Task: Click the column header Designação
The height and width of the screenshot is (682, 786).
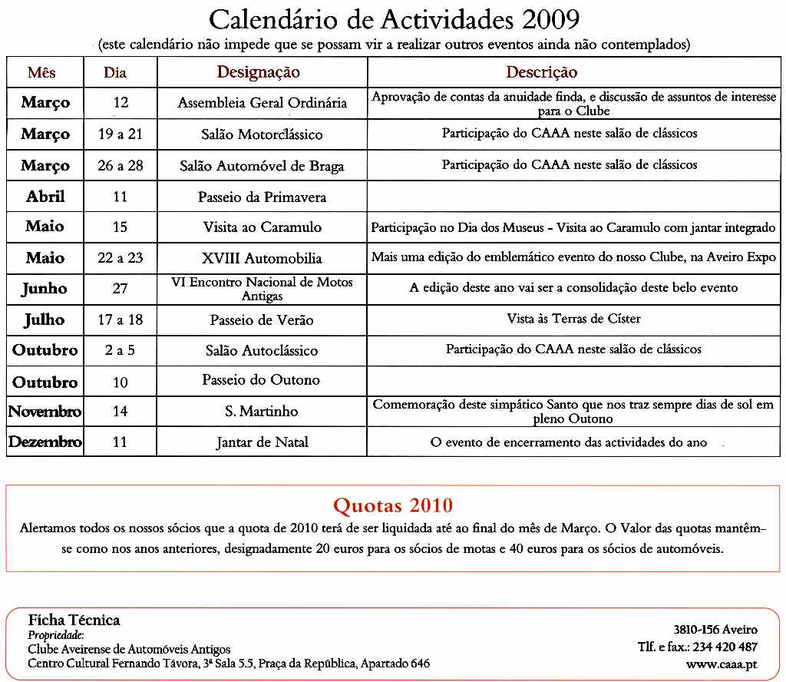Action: pyautogui.click(x=258, y=73)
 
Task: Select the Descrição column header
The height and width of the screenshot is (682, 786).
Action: pyautogui.click(x=541, y=73)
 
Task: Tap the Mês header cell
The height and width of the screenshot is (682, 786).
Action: pyautogui.click(x=41, y=74)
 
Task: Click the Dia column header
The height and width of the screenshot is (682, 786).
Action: pyautogui.click(x=115, y=74)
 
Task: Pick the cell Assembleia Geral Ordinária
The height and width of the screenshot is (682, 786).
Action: pyautogui.click(x=263, y=103)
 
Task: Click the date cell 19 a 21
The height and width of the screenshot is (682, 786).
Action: pyautogui.click(x=120, y=134)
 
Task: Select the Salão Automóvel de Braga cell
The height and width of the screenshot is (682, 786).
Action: pyautogui.click(x=262, y=166)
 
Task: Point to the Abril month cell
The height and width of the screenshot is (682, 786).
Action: pyautogui.click(x=45, y=197)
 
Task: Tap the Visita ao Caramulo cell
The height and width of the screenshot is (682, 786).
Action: pyautogui.click(x=263, y=227)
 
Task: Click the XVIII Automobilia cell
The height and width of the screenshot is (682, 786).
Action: pyautogui.click(x=262, y=258)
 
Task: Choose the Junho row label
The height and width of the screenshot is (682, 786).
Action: pyautogui.click(x=45, y=289)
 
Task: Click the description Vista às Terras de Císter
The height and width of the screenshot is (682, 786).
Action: pyautogui.click(x=573, y=319)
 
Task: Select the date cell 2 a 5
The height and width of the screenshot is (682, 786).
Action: pyautogui.click(x=120, y=350)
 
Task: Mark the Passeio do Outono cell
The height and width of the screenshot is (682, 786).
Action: pyautogui.click(x=261, y=380)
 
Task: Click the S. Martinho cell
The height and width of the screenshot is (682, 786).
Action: pyautogui.click(x=261, y=412)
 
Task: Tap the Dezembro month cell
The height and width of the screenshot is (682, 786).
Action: pyautogui.click(x=45, y=442)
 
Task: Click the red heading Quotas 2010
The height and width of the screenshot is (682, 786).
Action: pyautogui.click(x=392, y=505)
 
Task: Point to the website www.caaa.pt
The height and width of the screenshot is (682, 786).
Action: pyautogui.click(x=722, y=664)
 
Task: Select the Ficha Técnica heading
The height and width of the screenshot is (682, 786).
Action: pyautogui.click(x=74, y=620)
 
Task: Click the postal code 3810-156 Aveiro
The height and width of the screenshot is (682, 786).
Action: pyautogui.click(x=715, y=630)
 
